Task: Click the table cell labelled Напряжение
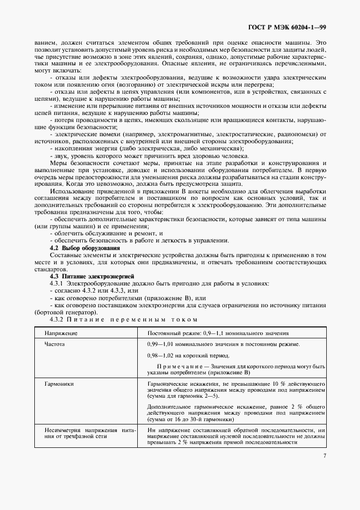tap(60, 333)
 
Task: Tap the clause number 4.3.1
tap(57, 284)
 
